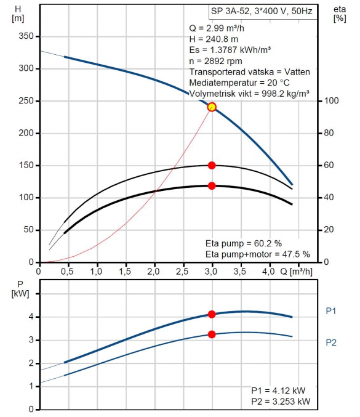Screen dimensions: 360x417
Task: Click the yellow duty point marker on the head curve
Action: point(212,107)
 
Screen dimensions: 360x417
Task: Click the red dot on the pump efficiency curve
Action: point(212,166)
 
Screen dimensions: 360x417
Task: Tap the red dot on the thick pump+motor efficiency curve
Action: point(212,186)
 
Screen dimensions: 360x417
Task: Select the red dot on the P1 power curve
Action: point(212,314)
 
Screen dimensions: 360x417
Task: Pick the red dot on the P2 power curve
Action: point(212,334)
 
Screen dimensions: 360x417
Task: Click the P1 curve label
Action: point(331,311)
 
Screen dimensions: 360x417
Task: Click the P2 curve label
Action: point(331,342)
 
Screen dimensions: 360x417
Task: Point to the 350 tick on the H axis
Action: point(26,36)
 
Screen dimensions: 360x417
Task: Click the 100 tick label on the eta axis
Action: point(331,101)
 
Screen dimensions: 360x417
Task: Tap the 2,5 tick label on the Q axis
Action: point(182,272)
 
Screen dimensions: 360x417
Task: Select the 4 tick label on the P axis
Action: point(31,317)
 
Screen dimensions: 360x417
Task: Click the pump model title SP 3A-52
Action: point(230,11)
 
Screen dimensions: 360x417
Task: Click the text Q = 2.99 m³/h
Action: point(217,28)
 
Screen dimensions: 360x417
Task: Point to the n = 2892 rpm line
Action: point(216,61)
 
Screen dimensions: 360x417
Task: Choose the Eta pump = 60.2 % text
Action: point(244,243)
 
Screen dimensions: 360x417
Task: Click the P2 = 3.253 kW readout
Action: point(281,402)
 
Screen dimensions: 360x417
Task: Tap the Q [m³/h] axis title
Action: point(296,272)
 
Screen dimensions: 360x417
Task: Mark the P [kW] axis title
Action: point(20,289)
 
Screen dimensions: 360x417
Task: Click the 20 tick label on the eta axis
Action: point(329,230)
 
